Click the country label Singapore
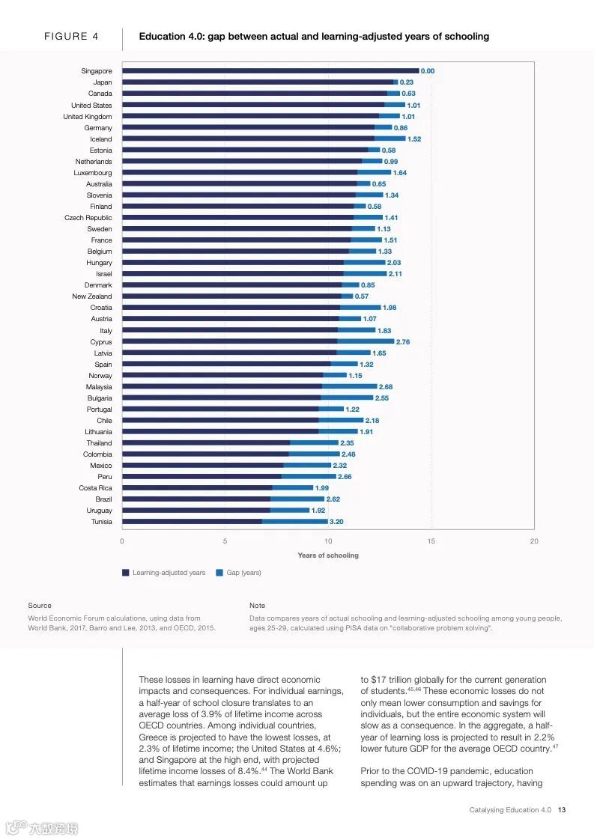(x=97, y=71)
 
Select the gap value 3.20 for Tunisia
(x=336, y=522)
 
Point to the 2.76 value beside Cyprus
(x=403, y=342)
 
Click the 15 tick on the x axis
(x=431, y=541)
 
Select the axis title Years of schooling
(x=328, y=556)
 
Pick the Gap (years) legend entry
(x=243, y=573)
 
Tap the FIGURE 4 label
(x=71, y=36)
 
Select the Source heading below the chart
(x=40, y=605)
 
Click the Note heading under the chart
(x=257, y=605)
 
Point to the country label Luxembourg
(x=93, y=173)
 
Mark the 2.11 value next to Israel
(x=396, y=274)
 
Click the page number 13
(x=562, y=810)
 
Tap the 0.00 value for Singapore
(x=428, y=71)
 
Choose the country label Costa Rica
(x=95, y=488)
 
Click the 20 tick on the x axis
(x=533, y=541)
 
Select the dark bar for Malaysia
(x=222, y=387)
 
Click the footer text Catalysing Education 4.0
(x=510, y=810)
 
